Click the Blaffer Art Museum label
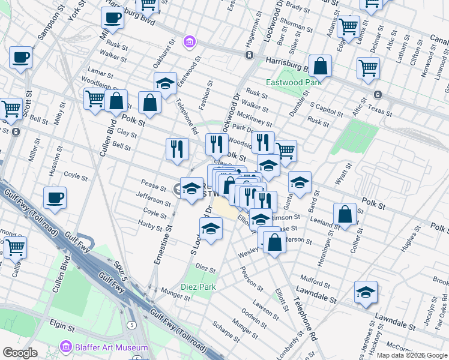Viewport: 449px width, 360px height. click(x=112, y=347)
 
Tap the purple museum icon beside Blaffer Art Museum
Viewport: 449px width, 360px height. click(x=65, y=347)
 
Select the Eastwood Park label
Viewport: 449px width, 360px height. click(x=294, y=82)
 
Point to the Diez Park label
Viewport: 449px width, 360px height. click(x=199, y=287)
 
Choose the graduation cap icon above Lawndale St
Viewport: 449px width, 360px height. click(x=364, y=292)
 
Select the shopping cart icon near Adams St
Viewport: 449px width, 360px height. click(x=348, y=26)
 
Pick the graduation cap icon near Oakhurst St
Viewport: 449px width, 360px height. click(x=165, y=83)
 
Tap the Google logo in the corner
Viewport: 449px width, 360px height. click(x=20, y=353)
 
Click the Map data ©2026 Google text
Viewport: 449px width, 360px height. click(x=412, y=355)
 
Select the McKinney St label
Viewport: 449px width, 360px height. click(x=252, y=116)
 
